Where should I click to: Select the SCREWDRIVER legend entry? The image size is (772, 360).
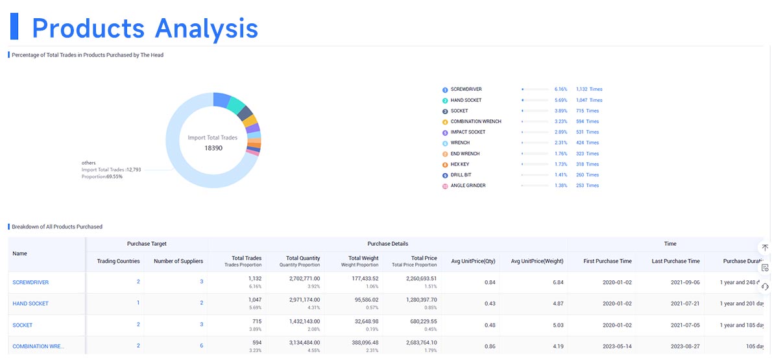466,90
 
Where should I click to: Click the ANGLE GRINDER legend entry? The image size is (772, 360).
468,186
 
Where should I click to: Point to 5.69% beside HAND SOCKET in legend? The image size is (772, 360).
561,101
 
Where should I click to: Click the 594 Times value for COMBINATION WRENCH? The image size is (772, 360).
587,122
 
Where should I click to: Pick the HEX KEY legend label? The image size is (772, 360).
460,164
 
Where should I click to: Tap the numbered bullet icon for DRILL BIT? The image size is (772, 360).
445,175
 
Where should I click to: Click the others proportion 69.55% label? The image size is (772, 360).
102,176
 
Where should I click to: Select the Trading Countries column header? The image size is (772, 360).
118,261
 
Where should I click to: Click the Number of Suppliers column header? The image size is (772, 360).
178,261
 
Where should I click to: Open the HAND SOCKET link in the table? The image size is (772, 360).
30,304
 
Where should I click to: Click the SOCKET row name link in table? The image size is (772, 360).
22,325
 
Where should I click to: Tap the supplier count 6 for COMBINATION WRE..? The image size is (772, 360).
201,346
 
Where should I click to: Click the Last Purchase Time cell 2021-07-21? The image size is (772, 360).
675,304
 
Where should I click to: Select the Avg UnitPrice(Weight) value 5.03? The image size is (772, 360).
558,325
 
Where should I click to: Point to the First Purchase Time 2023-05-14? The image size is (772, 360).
607,346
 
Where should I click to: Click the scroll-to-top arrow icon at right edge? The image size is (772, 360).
765,248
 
